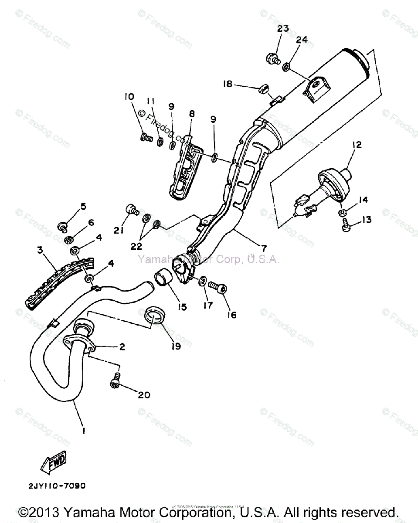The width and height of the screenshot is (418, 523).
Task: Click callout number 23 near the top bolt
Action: point(283,29)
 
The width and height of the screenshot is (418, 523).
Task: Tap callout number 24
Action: point(302,40)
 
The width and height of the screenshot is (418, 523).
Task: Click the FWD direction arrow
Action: point(55,463)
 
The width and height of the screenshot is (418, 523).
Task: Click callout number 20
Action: point(144,395)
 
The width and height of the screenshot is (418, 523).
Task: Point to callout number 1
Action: point(83,430)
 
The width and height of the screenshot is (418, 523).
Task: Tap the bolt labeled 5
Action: point(63,226)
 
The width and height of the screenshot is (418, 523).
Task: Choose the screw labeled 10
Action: point(146,138)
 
